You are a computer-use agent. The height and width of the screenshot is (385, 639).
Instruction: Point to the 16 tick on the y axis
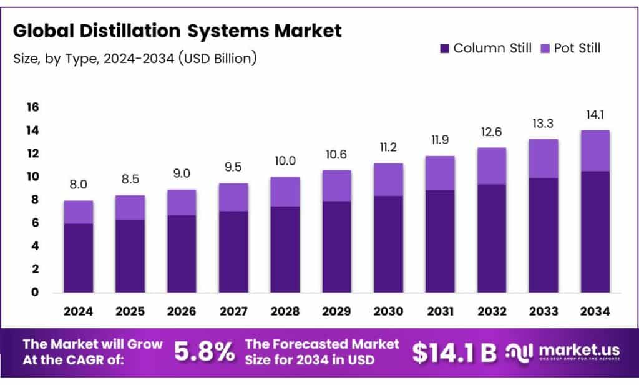click(32, 107)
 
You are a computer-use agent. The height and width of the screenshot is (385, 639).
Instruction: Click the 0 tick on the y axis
click(35, 292)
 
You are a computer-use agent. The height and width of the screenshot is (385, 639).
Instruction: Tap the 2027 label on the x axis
click(233, 311)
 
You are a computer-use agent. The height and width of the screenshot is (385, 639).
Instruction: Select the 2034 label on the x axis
click(595, 311)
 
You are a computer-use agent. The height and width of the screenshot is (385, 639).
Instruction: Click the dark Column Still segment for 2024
click(78, 258)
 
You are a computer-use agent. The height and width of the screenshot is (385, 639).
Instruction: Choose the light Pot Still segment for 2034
click(595, 150)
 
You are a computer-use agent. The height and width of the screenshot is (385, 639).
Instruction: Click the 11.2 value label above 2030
click(388, 147)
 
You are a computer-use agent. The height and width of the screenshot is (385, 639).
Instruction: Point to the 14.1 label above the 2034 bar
click(595, 114)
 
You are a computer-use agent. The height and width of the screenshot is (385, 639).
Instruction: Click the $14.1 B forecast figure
click(454, 352)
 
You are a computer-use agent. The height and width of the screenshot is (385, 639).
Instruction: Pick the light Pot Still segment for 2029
click(336, 185)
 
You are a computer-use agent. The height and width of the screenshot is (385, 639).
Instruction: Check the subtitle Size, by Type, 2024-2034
click(135, 59)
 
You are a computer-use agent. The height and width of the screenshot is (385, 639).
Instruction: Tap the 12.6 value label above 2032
click(491, 132)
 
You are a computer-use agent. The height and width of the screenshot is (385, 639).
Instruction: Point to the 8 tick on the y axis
click(35, 200)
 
